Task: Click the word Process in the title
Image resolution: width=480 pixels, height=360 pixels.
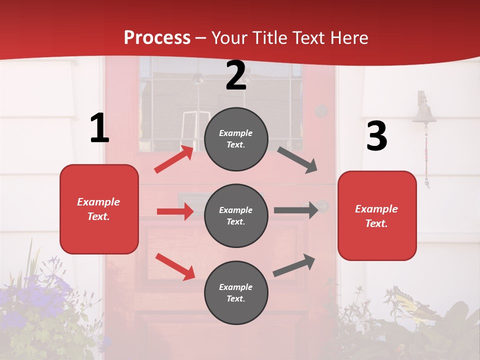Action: (157, 38)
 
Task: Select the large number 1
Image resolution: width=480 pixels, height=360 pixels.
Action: (99, 128)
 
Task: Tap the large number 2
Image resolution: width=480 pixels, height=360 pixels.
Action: (236, 75)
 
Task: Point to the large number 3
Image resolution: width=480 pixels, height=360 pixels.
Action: (376, 136)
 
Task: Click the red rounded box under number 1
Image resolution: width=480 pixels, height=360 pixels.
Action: (99, 209)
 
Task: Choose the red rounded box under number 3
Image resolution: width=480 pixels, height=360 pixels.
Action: (377, 215)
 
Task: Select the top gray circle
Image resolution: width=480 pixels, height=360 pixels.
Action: (236, 139)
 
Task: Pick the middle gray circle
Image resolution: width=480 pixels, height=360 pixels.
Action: (236, 215)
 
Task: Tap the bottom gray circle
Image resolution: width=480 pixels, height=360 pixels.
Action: (236, 292)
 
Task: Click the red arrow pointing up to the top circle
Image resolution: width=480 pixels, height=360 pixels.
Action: (174, 159)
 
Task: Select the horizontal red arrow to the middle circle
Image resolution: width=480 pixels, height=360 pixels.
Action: (175, 211)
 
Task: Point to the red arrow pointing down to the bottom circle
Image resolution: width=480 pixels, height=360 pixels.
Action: (175, 266)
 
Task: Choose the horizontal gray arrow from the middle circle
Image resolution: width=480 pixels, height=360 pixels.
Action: (296, 210)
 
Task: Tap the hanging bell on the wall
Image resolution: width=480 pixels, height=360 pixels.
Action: (424, 112)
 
